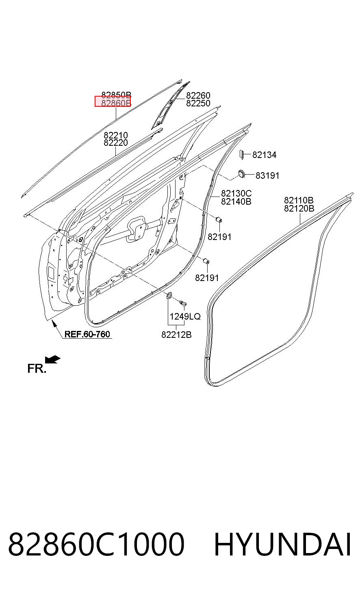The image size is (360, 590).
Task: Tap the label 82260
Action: pyautogui.click(x=198, y=95)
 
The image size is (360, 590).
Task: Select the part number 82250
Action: pyautogui.click(x=198, y=103)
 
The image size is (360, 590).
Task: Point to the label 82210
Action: pyautogui.click(x=116, y=135)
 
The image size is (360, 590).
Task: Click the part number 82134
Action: pyautogui.click(x=265, y=155)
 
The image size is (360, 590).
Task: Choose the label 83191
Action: pyautogui.click(x=267, y=175)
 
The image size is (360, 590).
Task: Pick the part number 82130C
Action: pyautogui.click(x=236, y=193)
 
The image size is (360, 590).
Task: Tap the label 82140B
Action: pyautogui.click(x=236, y=201)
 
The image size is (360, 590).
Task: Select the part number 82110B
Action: pyautogui.click(x=299, y=200)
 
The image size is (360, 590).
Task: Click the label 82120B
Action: pyautogui.click(x=299, y=208)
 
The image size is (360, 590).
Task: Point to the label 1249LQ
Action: pyautogui.click(x=185, y=316)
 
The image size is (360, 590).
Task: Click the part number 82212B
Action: pyautogui.click(x=176, y=335)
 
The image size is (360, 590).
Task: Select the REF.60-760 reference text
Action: pyautogui.click(x=87, y=334)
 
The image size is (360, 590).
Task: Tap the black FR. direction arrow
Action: pyautogui.click(x=53, y=359)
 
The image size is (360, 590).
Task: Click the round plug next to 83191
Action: pyautogui.click(x=241, y=173)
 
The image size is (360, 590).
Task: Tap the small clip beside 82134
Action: pyautogui.click(x=241, y=155)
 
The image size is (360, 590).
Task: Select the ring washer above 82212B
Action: pyautogui.click(x=169, y=296)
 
